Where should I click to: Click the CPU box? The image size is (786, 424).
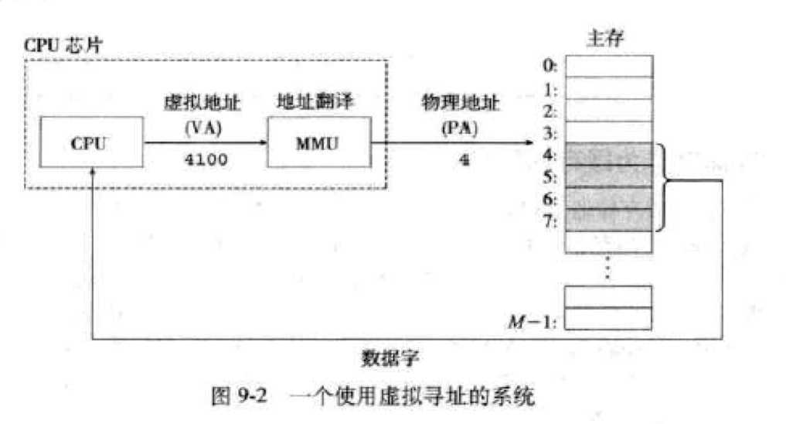(91, 142)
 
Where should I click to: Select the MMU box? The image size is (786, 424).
(319, 142)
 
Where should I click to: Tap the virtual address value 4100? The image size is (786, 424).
(206, 159)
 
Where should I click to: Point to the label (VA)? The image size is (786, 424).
(203, 128)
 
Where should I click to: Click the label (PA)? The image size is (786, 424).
(460, 128)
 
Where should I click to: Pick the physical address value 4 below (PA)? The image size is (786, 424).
(464, 160)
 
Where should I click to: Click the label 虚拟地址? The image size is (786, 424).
(202, 103)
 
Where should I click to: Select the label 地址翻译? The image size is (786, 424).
(315, 101)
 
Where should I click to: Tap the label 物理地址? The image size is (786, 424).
(460, 102)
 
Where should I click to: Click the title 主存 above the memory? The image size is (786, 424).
(606, 38)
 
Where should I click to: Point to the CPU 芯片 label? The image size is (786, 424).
(63, 45)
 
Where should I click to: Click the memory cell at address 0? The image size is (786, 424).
(609, 67)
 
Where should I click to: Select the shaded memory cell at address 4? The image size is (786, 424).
(609, 154)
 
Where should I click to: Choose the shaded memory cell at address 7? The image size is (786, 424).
(609, 220)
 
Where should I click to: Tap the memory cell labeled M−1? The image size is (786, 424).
(608, 319)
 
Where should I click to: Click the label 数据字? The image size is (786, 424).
(390, 358)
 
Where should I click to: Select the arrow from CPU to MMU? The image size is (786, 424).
(206, 142)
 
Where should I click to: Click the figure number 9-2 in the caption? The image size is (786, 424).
(252, 396)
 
